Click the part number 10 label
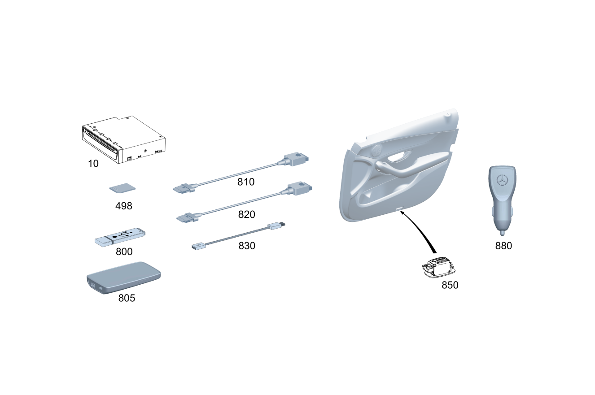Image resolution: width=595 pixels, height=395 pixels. click(93, 164)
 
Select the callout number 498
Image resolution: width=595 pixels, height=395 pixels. click(124, 206)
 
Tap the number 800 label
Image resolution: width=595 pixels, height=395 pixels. click(124, 252)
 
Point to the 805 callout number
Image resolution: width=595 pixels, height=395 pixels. click(127, 298)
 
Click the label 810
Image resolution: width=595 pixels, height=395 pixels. click(246, 182)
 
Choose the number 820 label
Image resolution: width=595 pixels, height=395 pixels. click(246, 214)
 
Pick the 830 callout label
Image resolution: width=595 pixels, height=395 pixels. click(247, 246)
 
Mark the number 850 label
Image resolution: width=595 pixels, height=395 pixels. click(450, 285)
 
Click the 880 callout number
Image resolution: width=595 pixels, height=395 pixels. click(503, 246)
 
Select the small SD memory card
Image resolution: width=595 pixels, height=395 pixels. click(122, 188)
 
